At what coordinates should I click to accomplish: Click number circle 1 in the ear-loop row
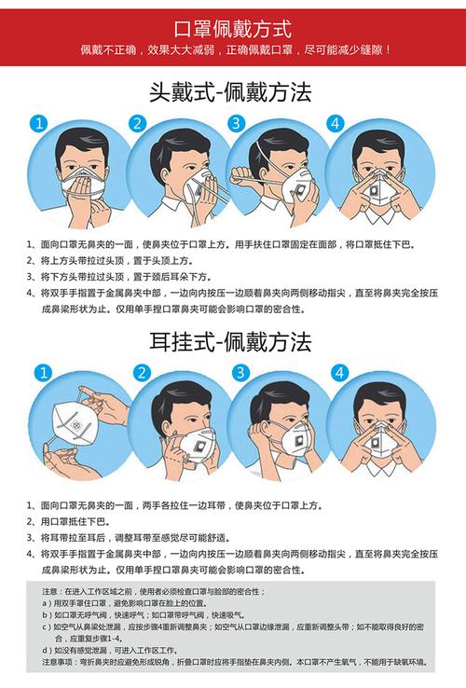click(x=38, y=373)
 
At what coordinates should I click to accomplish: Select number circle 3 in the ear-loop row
click(x=240, y=373)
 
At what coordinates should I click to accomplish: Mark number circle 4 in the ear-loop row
click(x=338, y=373)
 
